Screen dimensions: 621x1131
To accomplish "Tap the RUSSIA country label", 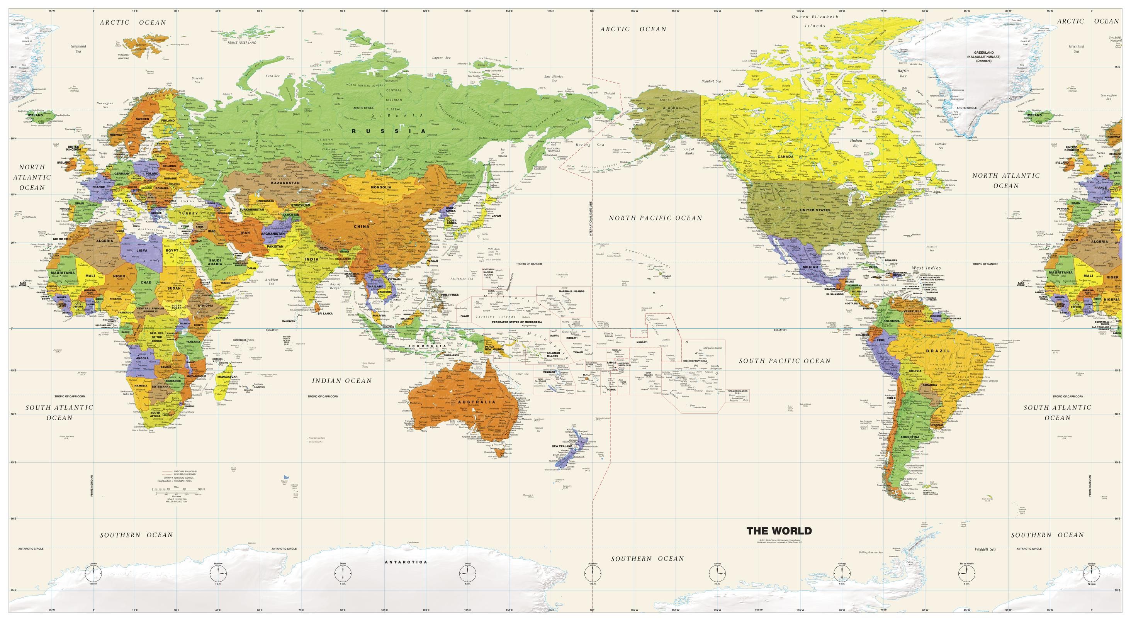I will click(389, 131).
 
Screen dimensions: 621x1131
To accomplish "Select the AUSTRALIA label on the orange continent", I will click(476, 402).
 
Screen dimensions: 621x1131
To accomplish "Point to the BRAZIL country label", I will click(938, 351).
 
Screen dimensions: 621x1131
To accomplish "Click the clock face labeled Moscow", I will click(218, 573).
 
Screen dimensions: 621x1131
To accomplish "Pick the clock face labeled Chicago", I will click(842, 573).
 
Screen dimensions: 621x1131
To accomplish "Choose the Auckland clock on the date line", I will click(592, 573).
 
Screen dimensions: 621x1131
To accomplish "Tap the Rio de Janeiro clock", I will click(966, 573).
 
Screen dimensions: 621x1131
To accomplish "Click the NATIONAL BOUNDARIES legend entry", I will click(184, 471).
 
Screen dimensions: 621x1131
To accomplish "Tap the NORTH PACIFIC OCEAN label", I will click(655, 218).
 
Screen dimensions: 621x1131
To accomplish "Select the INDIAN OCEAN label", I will click(341, 380).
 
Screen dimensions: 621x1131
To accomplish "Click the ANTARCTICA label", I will click(406, 562).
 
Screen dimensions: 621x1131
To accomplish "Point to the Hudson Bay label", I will click(856, 143).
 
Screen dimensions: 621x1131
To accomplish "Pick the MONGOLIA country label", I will click(380, 187).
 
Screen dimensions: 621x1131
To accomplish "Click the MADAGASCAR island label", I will click(227, 377).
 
